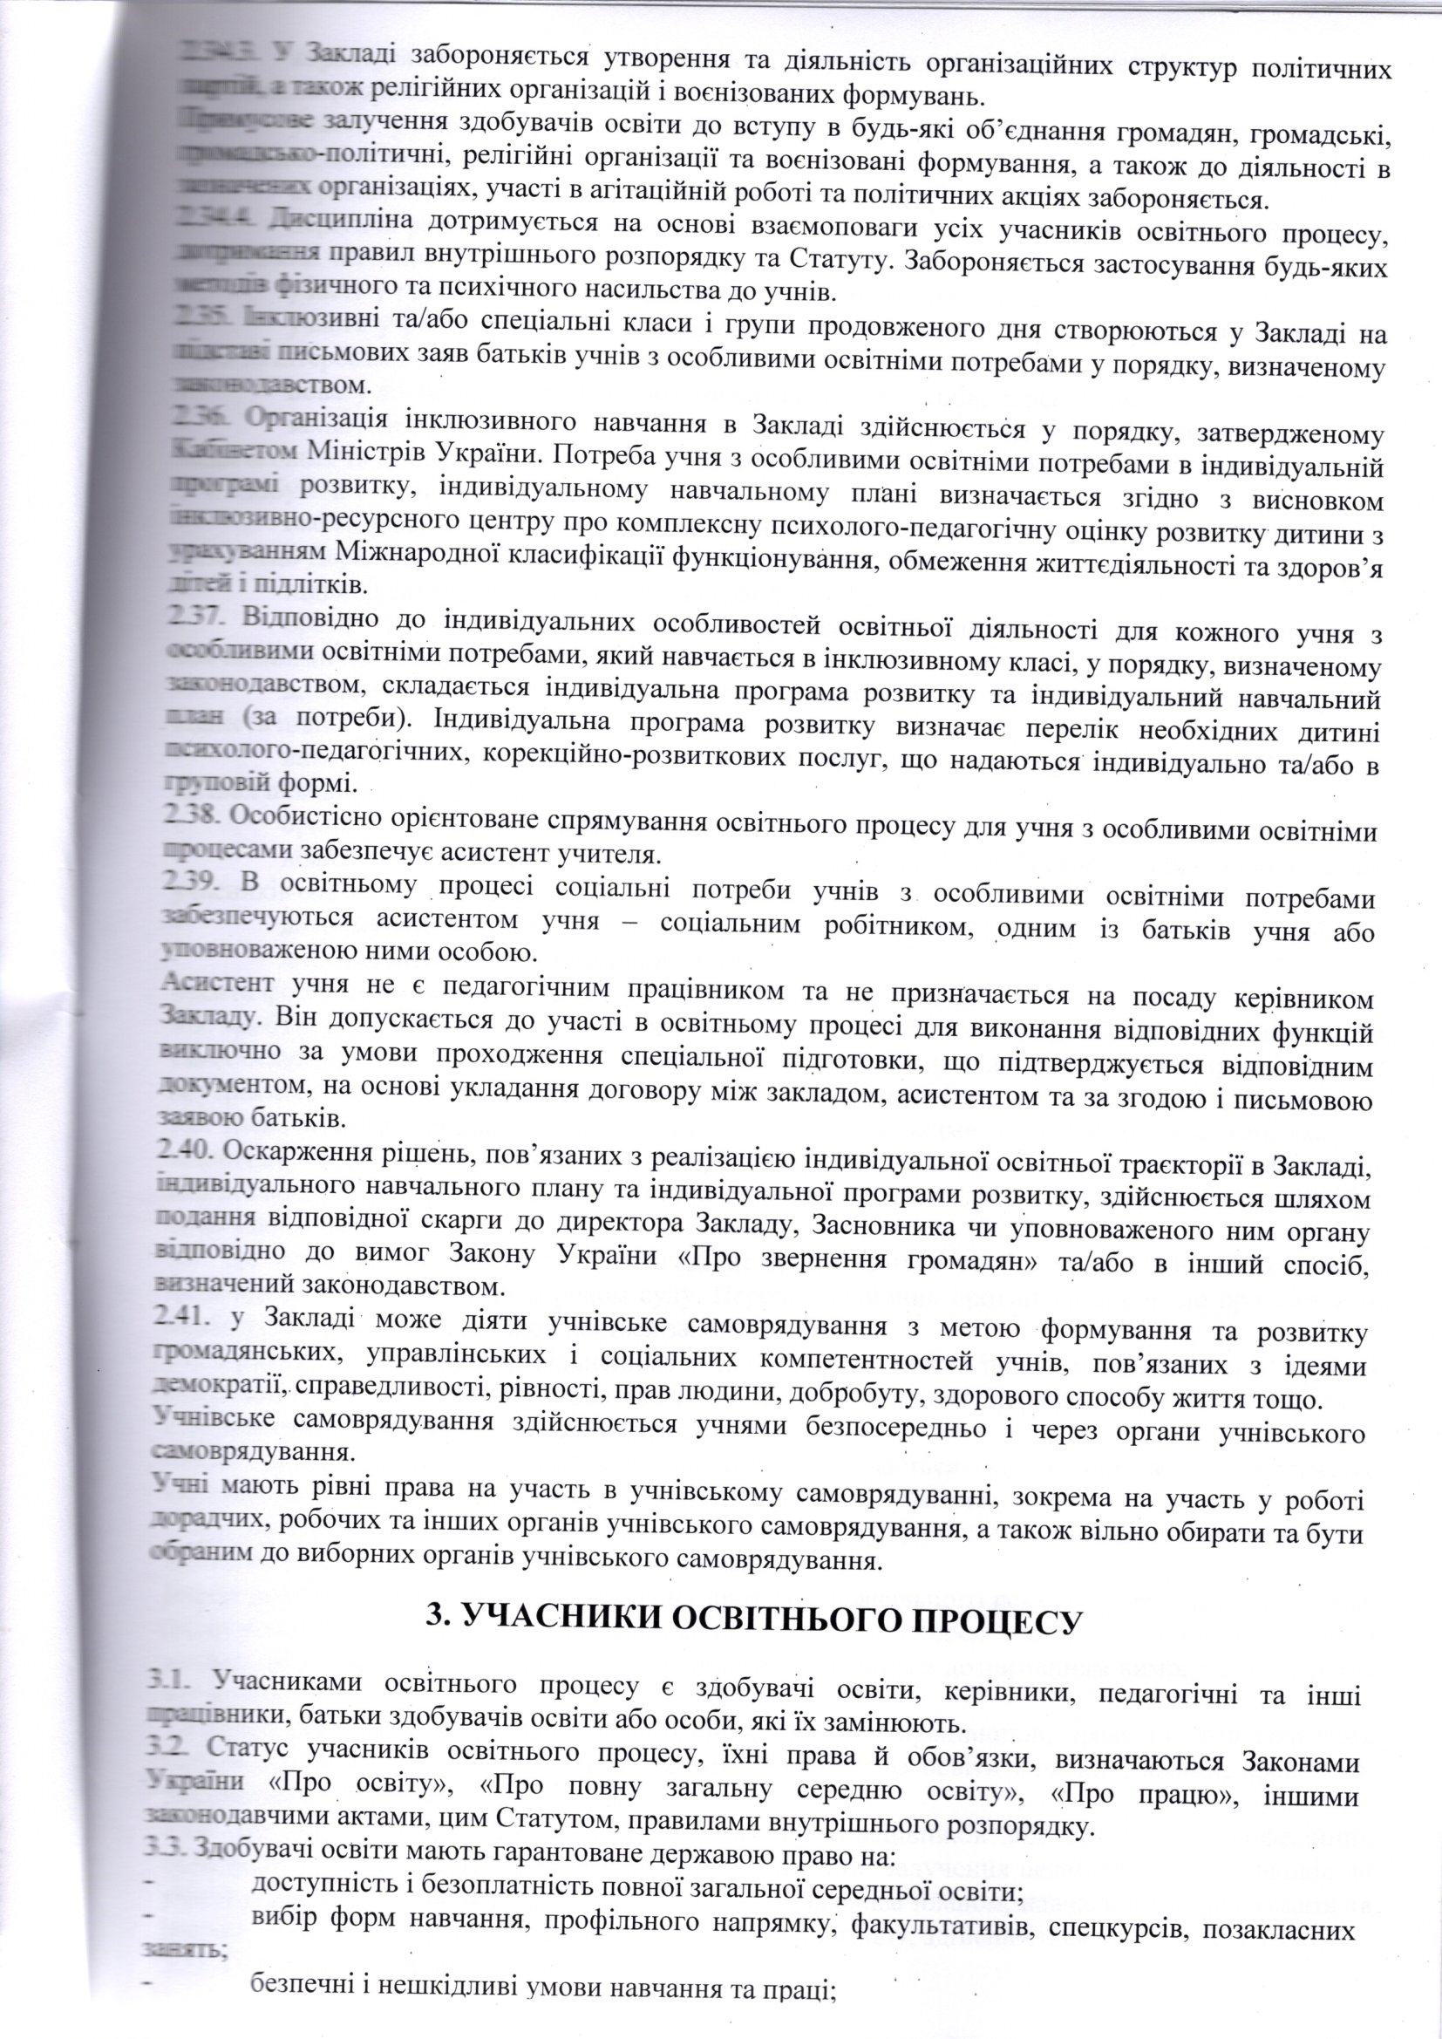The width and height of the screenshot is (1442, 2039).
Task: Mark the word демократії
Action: tap(214, 1387)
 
